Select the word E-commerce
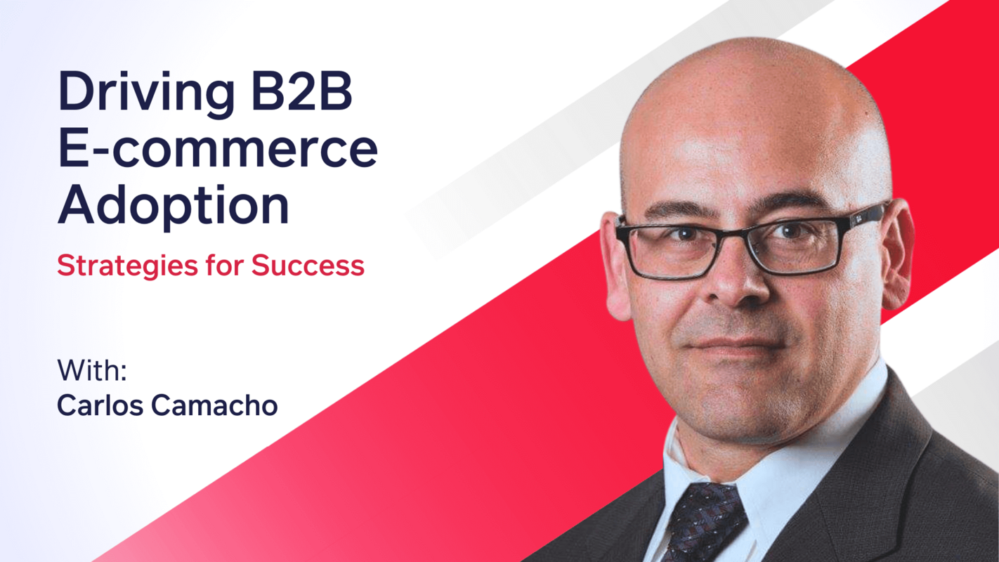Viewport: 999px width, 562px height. coord(218,149)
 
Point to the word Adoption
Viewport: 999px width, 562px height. coord(173,206)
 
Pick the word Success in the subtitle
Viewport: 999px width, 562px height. coord(308,266)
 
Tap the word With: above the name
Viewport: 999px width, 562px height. coord(91,371)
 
